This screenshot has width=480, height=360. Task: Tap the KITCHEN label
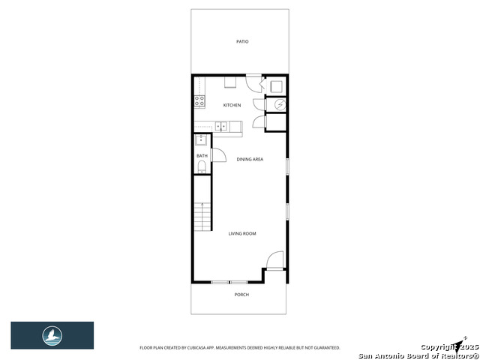click(x=232, y=105)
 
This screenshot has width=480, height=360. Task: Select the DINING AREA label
click(x=250, y=159)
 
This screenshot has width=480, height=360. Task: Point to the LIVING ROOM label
click(x=242, y=234)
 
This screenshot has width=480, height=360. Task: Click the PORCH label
click(x=241, y=295)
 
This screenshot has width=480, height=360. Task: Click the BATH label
click(x=202, y=156)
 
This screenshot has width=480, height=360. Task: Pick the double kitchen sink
click(x=222, y=126)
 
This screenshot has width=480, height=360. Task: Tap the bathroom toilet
click(x=202, y=167)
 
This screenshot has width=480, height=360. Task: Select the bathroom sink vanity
click(x=201, y=139)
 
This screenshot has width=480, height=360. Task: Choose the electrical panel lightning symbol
click(x=275, y=105)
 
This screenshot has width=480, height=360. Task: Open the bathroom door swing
click(x=219, y=155)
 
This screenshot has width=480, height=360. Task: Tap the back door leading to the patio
click(x=254, y=82)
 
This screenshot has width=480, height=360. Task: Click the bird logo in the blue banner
click(x=52, y=335)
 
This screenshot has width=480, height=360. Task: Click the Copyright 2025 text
click(x=442, y=347)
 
